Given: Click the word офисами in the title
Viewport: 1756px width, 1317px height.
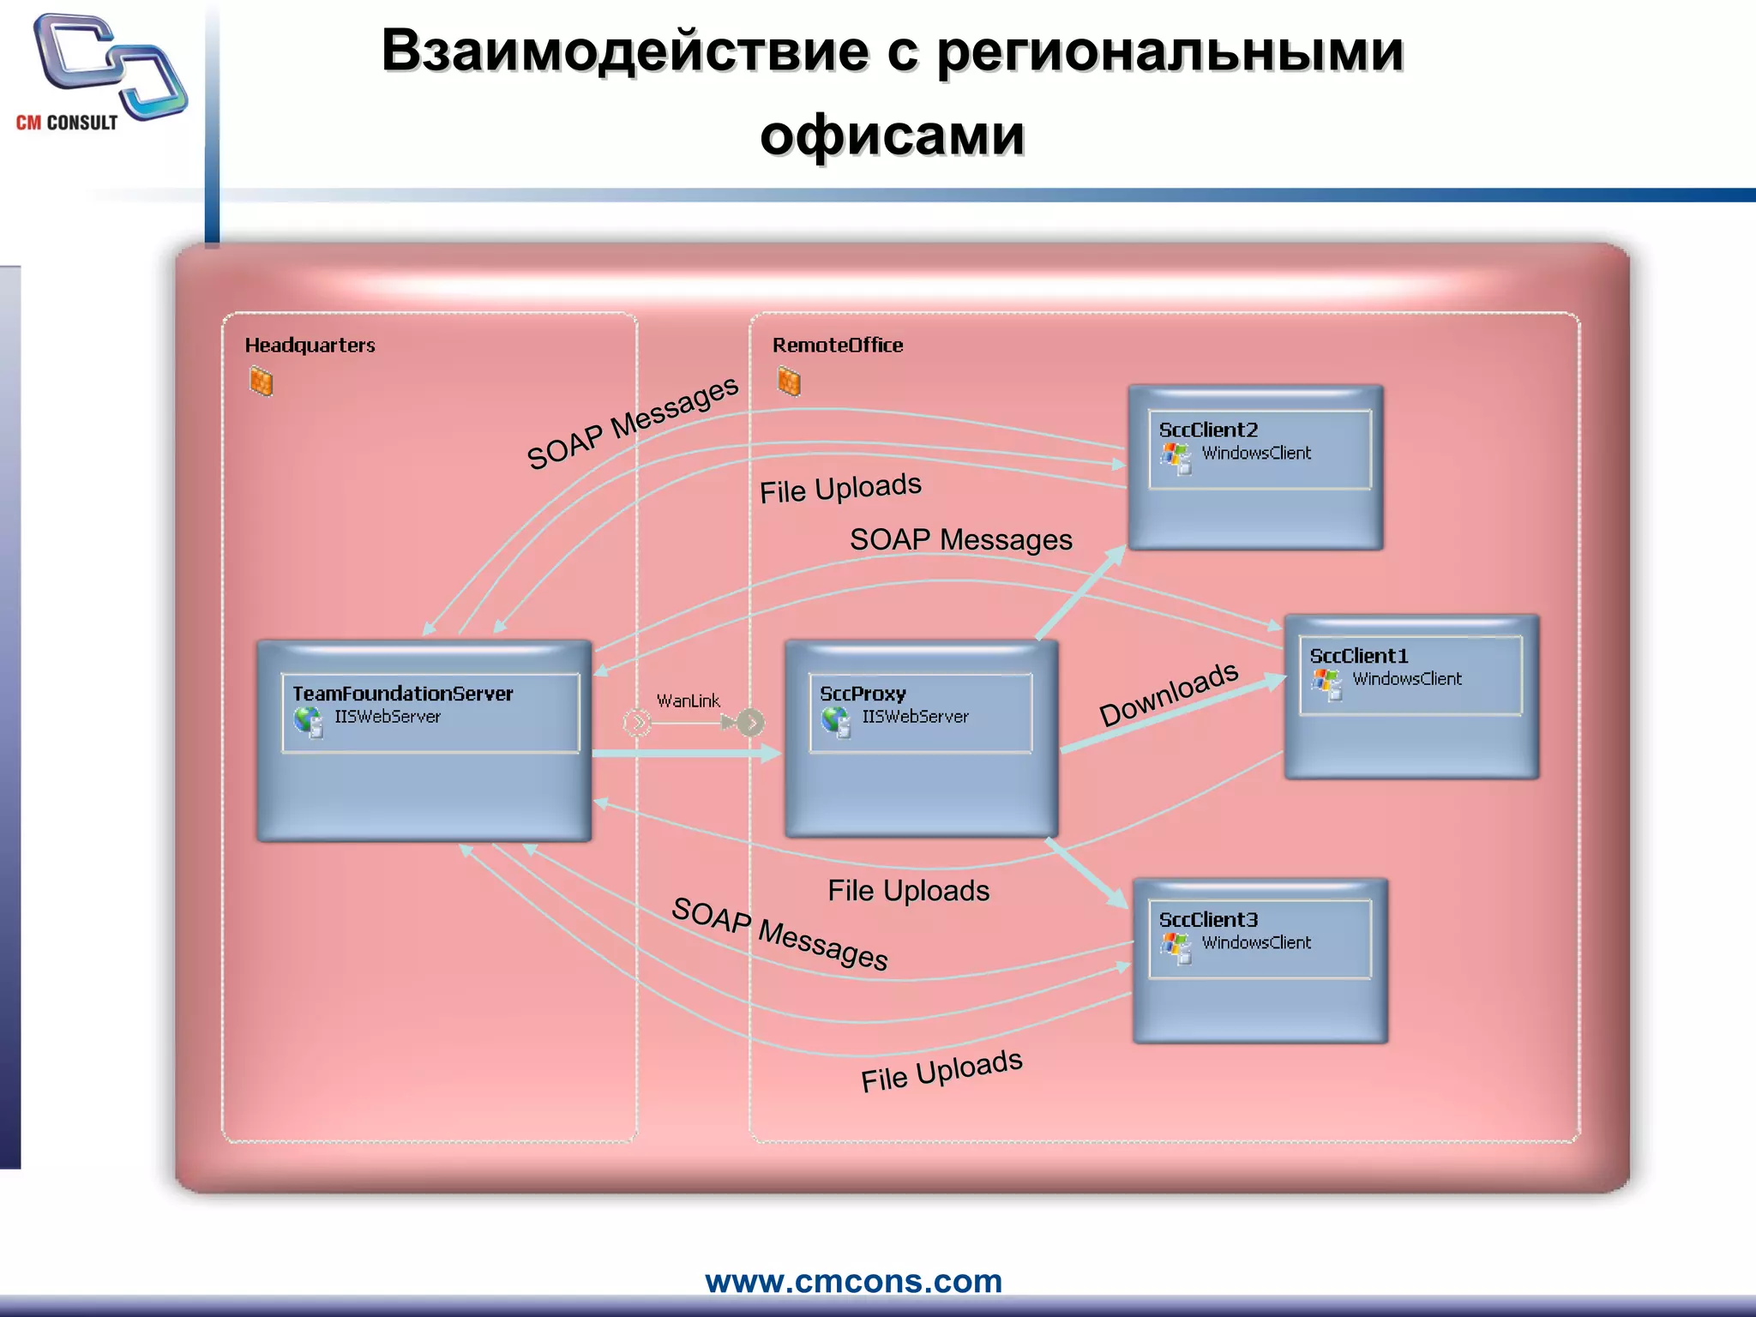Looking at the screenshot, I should tap(892, 135).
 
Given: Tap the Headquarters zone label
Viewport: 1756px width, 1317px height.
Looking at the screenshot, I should tap(310, 345).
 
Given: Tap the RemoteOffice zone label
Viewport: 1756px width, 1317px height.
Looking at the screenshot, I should tap(838, 345).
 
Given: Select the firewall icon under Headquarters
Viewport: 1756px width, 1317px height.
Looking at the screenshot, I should tap(262, 382).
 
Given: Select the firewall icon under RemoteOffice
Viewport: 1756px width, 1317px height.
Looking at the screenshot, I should tap(789, 382).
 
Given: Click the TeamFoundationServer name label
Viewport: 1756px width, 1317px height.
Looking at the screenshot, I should tap(402, 693).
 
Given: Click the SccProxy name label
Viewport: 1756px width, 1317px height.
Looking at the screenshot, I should tap(863, 693).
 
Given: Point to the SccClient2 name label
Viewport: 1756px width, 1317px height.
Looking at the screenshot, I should tap(1208, 430).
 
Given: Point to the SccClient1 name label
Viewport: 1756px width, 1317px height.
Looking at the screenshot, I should tap(1358, 656).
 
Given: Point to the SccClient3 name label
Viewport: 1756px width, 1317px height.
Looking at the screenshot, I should tap(1208, 919).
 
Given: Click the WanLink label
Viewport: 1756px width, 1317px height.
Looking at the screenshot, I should tap(688, 701).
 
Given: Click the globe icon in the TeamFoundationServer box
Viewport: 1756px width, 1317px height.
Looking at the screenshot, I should tap(308, 721).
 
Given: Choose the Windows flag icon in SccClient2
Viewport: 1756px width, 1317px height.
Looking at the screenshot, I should tap(1176, 457).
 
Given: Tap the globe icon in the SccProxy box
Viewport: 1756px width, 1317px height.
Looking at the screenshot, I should tap(835, 721).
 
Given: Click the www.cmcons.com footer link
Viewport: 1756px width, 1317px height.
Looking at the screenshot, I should tap(853, 1281).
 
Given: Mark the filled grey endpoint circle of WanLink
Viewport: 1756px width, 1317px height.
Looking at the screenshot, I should tap(750, 723).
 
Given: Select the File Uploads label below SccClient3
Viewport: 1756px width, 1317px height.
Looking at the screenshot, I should tap(941, 1071).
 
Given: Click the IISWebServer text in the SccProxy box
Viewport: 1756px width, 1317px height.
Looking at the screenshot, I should tap(915, 717).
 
